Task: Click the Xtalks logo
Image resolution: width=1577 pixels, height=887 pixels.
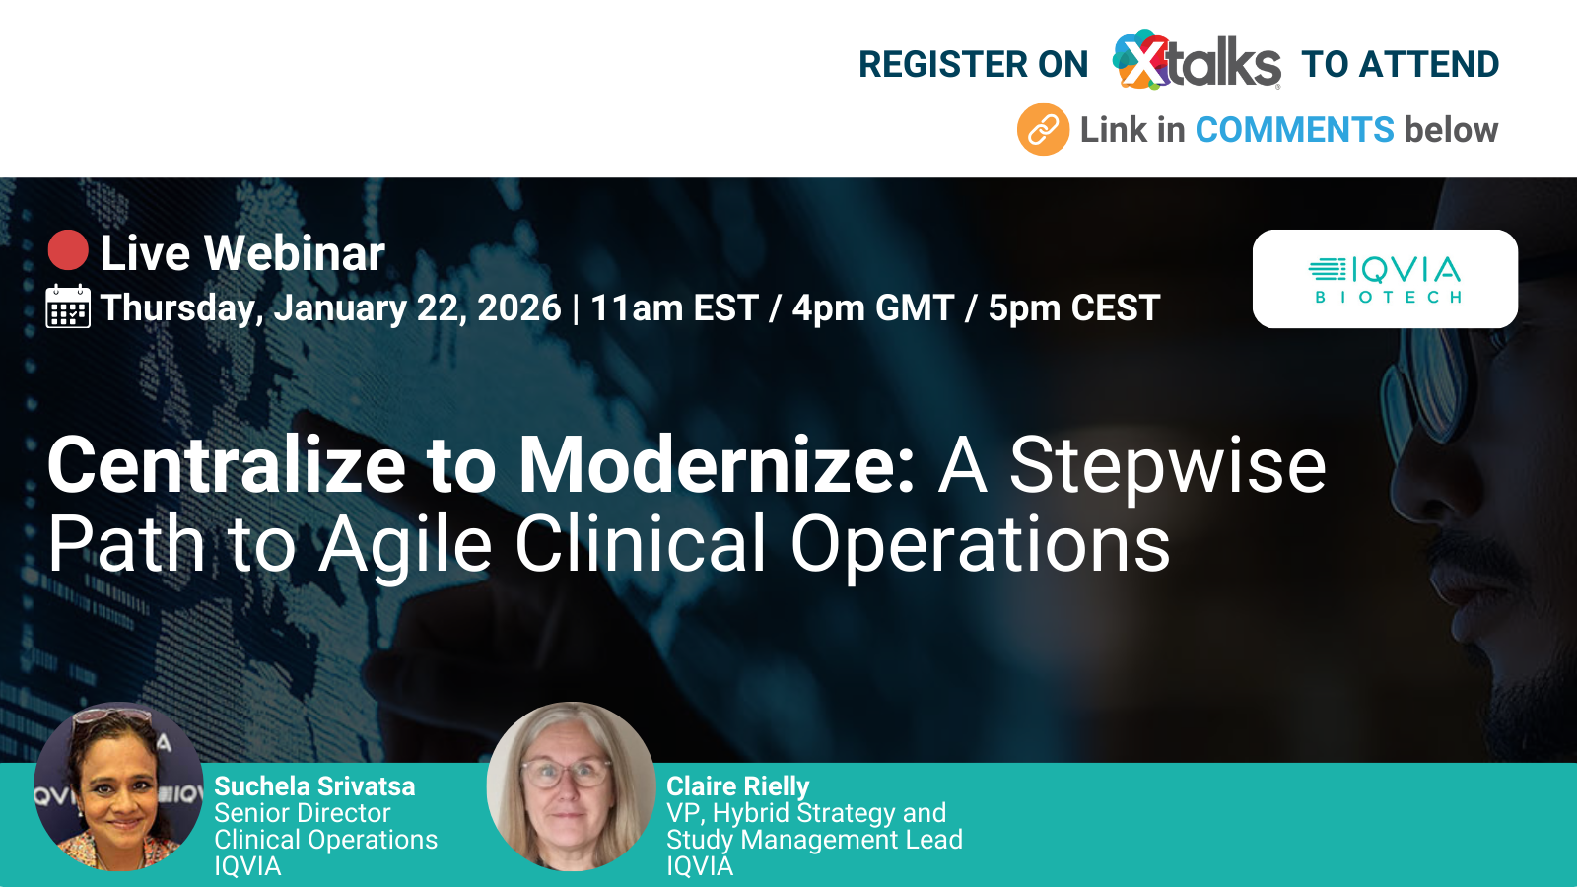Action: [x=1196, y=61]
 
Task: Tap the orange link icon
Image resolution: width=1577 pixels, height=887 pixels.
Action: [x=1043, y=130]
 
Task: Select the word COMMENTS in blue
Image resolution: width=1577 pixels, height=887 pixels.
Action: [x=1294, y=130]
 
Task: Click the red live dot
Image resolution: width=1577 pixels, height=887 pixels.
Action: [x=68, y=250]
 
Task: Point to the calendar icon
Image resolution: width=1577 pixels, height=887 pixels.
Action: [x=68, y=307]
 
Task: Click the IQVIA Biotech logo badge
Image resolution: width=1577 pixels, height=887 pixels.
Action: [x=1385, y=279]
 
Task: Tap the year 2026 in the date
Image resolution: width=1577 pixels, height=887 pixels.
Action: [x=518, y=307]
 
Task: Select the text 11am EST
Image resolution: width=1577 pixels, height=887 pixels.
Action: [x=674, y=307]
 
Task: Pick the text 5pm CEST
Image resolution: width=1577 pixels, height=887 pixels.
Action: [x=1073, y=307]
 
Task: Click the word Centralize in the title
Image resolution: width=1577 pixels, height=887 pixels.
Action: [x=227, y=465]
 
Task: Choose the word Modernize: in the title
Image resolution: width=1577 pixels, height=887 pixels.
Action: [x=718, y=465]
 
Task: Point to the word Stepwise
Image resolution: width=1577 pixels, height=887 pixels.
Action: [x=1167, y=465]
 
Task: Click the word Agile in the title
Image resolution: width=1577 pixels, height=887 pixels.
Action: [x=405, y=544]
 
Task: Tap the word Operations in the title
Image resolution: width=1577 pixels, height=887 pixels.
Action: [x=980, y=544]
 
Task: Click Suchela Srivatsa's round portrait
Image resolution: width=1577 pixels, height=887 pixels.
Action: [x=118, y=785]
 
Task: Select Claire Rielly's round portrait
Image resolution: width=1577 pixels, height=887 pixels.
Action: [x=571, y=785]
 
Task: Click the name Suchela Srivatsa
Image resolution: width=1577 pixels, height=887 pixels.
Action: [x=314, y=786]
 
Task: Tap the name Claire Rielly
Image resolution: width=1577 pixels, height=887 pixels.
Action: [x=737, y=786]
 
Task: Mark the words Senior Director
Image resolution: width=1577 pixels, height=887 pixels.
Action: [x=302, y=813]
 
